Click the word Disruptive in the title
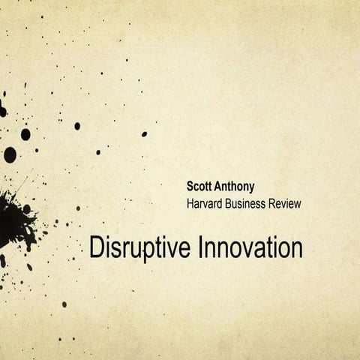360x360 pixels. coord(141,247)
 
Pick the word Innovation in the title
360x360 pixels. coord(251,247)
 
